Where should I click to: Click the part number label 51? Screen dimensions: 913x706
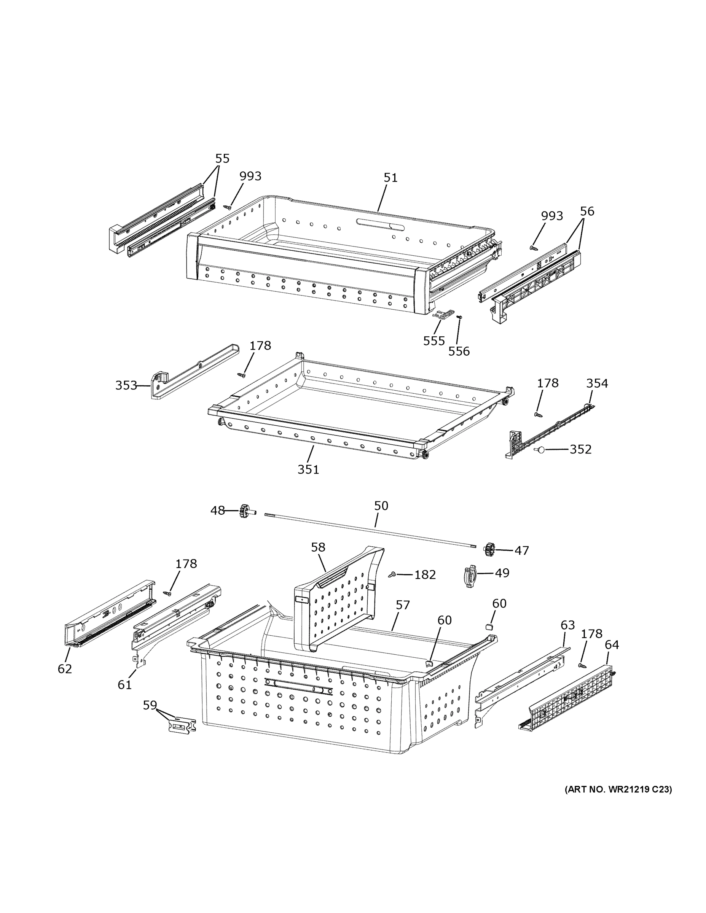390,178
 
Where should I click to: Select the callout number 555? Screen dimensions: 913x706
434,341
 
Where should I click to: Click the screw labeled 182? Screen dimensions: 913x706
392,575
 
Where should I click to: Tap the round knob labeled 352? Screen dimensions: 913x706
540,450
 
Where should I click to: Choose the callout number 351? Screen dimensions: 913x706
308,469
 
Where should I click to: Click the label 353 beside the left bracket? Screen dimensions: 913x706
126,385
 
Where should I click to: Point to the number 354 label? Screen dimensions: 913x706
597,383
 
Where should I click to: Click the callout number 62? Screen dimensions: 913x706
65,669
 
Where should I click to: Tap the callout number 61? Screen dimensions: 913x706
124,685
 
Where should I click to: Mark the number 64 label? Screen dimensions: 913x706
612,645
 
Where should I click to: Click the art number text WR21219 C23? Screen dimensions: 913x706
618,790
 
